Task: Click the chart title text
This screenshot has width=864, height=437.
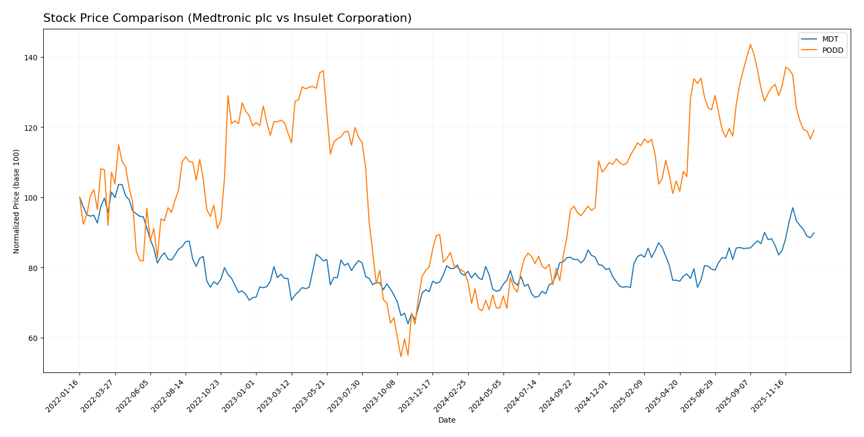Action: [x=227, y=18]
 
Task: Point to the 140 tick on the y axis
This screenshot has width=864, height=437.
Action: [x=31, y=58]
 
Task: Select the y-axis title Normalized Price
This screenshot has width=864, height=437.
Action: [x=17, y=201]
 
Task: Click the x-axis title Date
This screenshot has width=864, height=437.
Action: [x=446, y=420]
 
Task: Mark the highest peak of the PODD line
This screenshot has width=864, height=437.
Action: [x=750, y=44]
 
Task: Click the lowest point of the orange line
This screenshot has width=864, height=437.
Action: [x=401, y=356]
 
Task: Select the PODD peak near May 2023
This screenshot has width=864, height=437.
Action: [x=323, y=70]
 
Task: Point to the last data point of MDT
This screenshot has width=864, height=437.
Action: [x=813, y=233]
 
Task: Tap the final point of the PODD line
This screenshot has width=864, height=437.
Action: [x=813, y=130]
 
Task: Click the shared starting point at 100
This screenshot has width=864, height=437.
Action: [x=80, y=197]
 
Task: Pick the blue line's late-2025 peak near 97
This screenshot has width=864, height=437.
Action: [x=793, y=208]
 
